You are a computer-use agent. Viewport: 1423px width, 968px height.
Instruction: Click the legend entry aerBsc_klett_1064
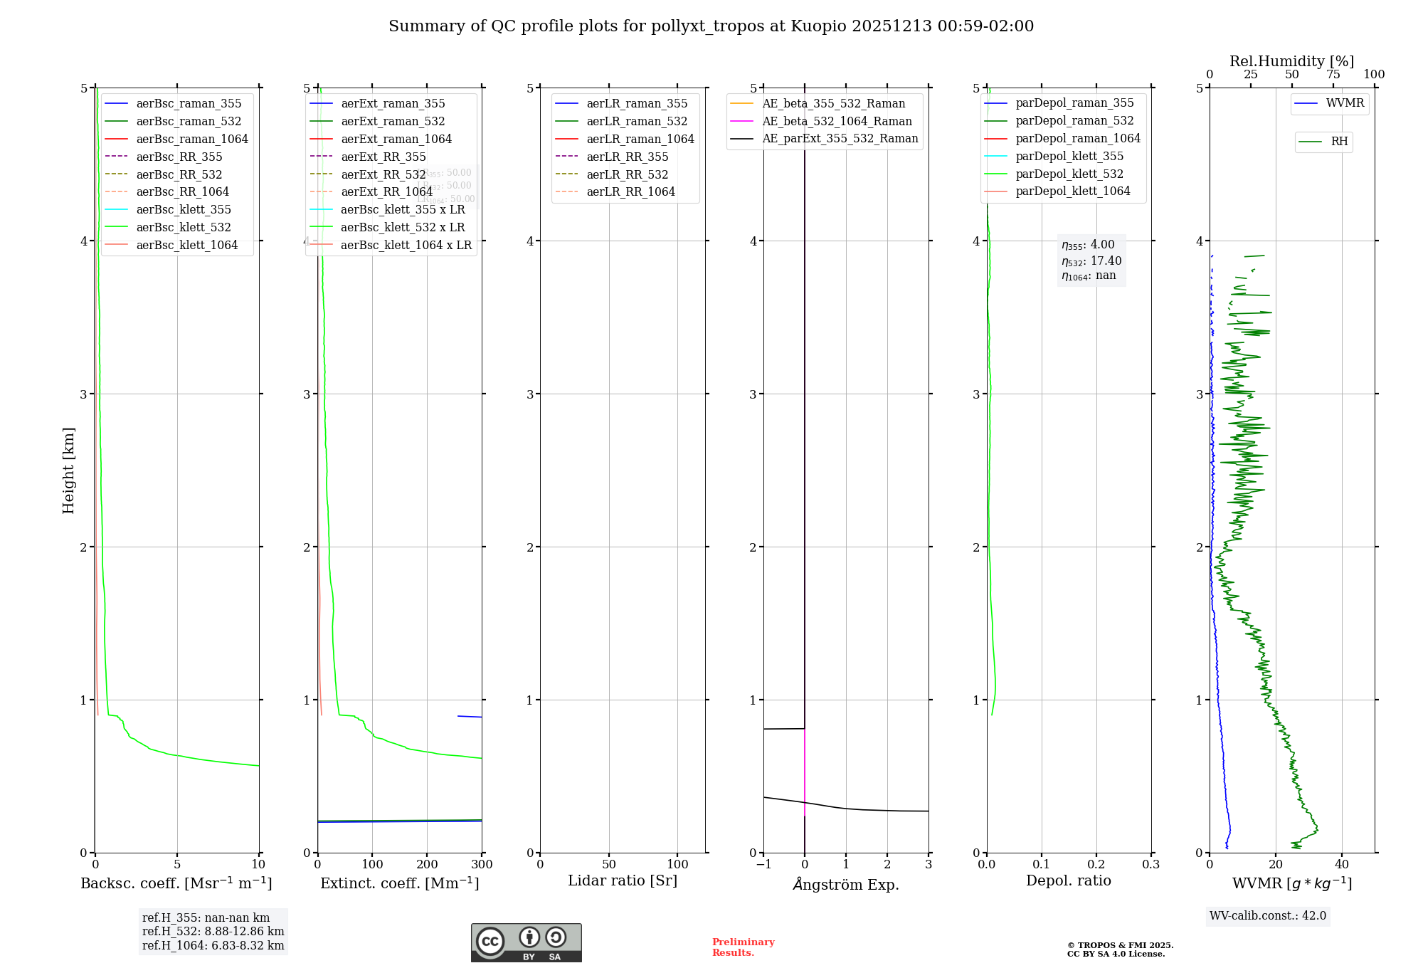tap(186, 245)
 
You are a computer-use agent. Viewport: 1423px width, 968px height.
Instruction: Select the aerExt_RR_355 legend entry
tap(383, 157)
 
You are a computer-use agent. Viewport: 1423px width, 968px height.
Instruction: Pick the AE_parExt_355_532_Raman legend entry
tap(840, 138)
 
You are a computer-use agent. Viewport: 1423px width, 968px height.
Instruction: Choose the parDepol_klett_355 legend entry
tap(1069, 156)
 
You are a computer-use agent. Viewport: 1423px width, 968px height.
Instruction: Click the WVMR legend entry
tap(1345, 103)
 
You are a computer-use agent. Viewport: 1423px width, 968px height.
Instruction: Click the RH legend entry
tap(1339, 142)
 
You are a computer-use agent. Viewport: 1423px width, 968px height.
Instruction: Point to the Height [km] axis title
tap(68, 470)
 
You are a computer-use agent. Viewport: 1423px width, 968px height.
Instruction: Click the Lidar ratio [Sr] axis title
tap(623, 880)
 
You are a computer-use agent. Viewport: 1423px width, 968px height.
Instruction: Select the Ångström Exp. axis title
tap(846, 884)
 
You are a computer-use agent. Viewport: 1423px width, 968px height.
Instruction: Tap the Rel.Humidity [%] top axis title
tap(1291, 61)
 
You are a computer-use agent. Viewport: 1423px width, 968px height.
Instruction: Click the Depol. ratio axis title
tap(1068, 880)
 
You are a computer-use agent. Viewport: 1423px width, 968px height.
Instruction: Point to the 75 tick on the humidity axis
tap(1333, 75)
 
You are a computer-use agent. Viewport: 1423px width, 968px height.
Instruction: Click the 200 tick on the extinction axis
tap(427, 864)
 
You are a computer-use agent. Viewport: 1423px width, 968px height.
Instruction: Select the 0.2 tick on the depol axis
tap(1096, 864)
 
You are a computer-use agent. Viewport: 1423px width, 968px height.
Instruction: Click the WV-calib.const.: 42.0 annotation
tap(1268, 915)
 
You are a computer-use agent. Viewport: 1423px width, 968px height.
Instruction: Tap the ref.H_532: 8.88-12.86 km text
tap(213, 931)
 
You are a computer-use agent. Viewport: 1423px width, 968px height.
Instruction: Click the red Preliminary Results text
tap(743, 947)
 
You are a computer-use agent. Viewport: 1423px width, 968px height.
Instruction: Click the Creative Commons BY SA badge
tap(526, 942)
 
